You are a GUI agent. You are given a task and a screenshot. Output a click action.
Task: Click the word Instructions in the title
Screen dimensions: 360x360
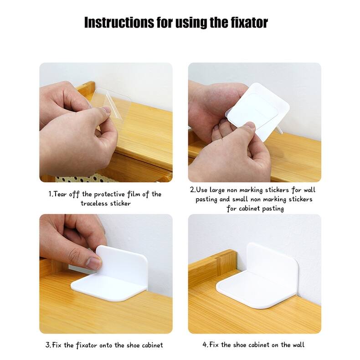(x=119, y=22)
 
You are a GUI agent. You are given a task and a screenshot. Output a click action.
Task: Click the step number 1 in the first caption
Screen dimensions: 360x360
(x=50, y=194)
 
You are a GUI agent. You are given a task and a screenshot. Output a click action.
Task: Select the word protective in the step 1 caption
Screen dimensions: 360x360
(x=109, y=195)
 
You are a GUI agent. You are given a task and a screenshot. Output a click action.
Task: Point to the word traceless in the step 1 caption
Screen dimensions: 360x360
(x=94, y=203)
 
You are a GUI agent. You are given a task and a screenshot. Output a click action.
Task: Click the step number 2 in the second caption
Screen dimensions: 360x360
(x=192, y=190)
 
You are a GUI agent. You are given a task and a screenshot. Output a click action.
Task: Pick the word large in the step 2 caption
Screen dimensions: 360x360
(x=217, y=190)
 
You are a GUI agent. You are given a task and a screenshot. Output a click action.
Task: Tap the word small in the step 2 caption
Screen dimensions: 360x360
(x=240, y=199)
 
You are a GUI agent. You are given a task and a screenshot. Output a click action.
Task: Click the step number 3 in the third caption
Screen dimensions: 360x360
(x=47, y=345)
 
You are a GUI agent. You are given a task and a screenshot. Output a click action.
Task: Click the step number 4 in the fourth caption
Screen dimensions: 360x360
(x=205, y=345)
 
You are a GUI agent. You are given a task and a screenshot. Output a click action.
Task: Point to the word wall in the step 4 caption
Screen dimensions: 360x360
(x=298, y=345)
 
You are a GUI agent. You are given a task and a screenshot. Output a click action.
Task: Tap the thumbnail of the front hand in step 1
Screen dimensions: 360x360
(x=106, y=110)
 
